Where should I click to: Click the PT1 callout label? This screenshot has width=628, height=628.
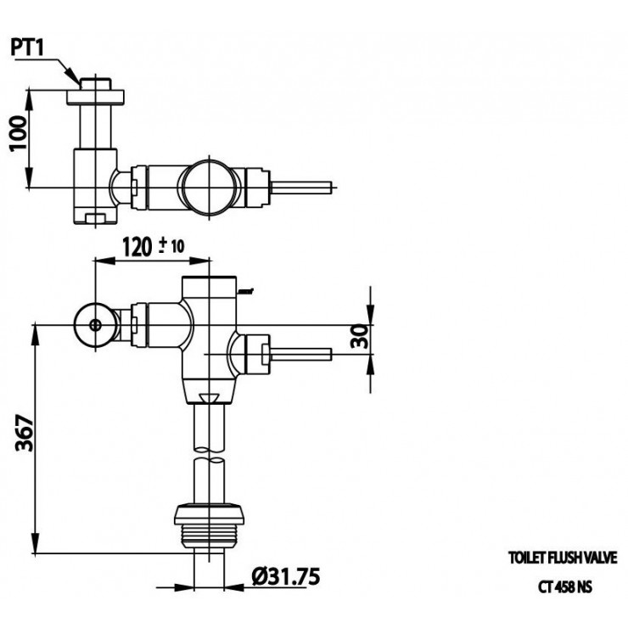tap(26, 48)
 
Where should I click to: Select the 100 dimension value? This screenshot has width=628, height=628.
tap(19, 133)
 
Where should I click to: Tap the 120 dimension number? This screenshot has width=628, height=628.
tap(137, 247)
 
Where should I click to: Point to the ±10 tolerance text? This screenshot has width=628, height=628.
tap(171, 245)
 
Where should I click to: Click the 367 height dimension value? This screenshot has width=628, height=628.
tap(25, 434)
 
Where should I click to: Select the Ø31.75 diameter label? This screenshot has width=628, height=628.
tap(286, 577)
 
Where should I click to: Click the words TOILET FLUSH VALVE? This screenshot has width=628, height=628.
tap(563, 558)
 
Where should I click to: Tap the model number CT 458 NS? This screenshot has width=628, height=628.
tap(564, 587)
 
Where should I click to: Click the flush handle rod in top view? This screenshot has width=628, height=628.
tap(301, 188)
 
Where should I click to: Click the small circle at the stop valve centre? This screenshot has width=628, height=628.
tap(95, 325)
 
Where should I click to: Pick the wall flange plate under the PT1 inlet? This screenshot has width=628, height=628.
tap(95, 97)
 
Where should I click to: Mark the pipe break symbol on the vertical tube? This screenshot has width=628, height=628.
tap(209, 456)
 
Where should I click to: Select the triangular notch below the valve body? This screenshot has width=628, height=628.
tap(209, 398)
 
